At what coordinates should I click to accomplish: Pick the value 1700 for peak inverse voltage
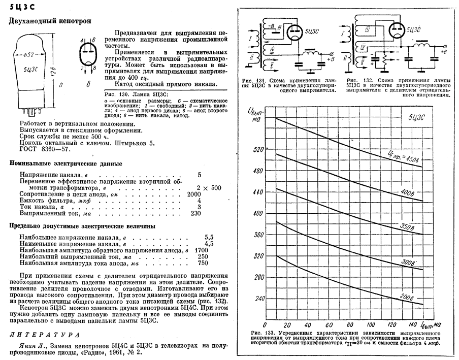pyautogui.click(x=202, y=250)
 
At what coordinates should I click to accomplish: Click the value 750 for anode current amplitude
pyautogui.click(x=203, y=264)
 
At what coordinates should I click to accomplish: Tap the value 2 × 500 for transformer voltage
pyautogui.click(x=209, y=188)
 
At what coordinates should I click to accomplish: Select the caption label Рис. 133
pyautogui.click(x=262, y=333)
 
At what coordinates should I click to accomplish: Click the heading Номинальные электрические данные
pyautogui.click(x=66, y=164)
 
